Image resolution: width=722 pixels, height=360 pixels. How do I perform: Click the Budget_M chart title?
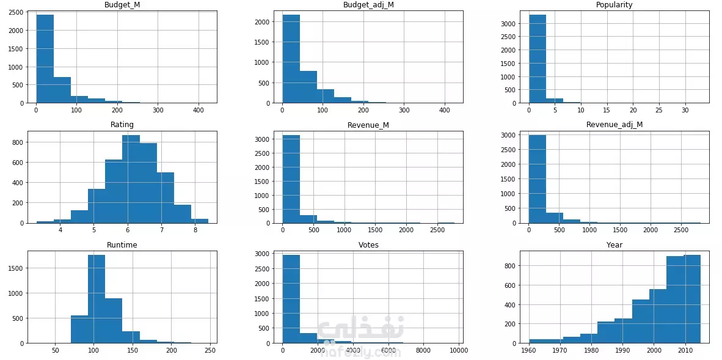click(x=122, y=5)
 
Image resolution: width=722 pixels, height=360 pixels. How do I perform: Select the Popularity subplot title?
click(x=614, y=5)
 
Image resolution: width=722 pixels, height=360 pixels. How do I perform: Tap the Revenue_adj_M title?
click(x=614, y=125)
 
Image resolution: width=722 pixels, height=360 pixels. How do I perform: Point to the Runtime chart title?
click(x=122, y=244)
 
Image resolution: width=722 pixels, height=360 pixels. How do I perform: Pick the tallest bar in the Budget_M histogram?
click(x=45, y=59)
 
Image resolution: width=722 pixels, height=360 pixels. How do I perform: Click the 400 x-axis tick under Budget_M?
click(x=199, y=111)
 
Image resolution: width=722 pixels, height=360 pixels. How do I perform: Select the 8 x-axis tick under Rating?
click(x=195, y=230)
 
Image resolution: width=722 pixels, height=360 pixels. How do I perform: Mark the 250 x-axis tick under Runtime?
click(x=210, y=351)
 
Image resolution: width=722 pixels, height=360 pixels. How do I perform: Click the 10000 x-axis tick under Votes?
click(x=459, y=351)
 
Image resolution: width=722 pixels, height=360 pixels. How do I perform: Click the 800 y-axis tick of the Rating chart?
click(x=18, y=142)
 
